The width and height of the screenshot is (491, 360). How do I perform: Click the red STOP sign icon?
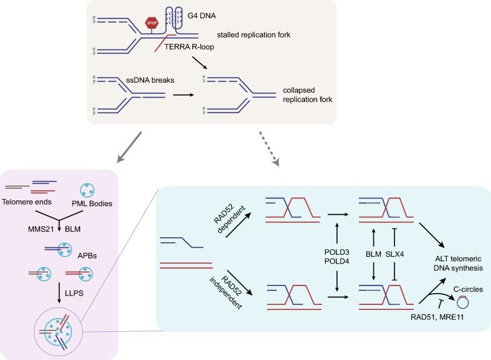tap(152, 23)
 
